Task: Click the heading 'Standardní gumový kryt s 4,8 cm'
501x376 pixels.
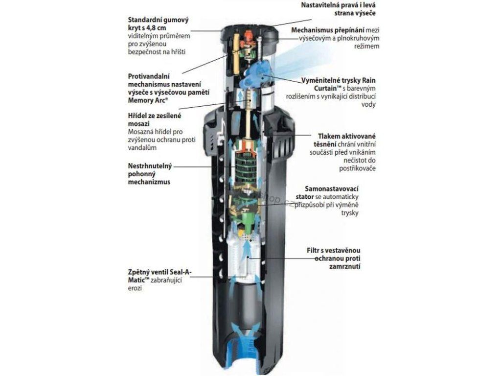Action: click(158, 24)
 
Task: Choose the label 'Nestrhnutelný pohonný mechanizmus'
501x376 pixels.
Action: click(149, 174)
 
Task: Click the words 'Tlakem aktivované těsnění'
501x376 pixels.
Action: click(346, 140)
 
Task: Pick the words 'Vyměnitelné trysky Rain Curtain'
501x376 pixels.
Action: click(348, 84)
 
